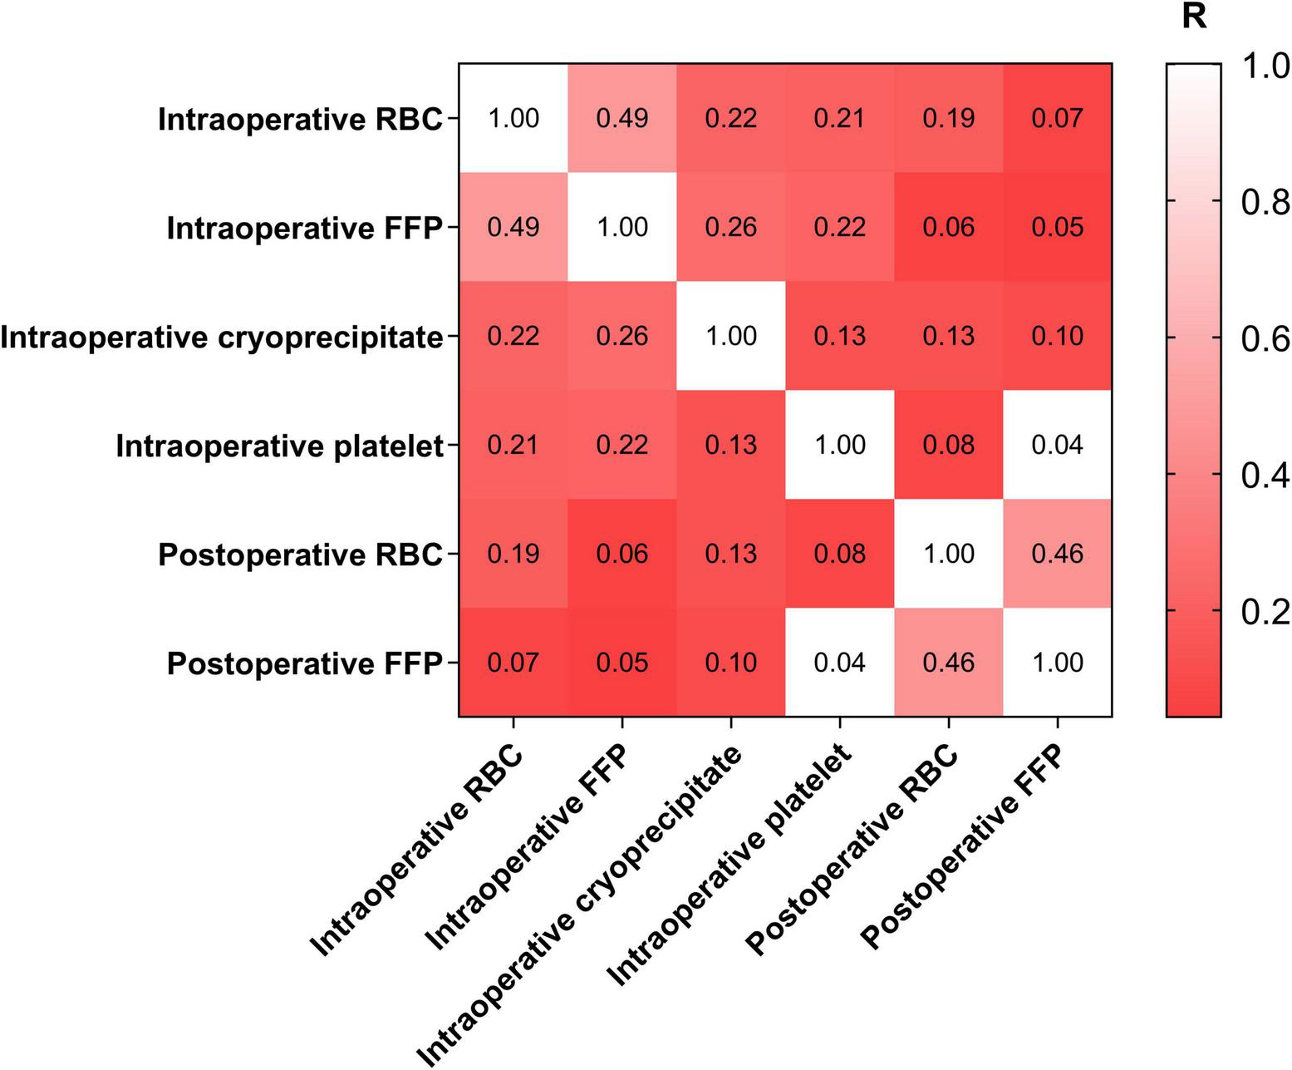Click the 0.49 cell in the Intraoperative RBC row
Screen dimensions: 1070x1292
[x=622, y=118]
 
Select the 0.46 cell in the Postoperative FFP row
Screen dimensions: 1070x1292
[x=949, y=663]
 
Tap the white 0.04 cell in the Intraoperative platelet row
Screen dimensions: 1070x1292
[x=1058, y=445]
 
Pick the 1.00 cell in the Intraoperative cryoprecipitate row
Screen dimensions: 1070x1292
[x=731, y=336]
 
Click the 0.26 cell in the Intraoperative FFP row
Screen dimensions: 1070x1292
[x=731, y=227]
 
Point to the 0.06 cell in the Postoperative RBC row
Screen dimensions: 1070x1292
[x=622, y=554]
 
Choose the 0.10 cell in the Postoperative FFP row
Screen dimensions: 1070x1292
[x=731, y=663]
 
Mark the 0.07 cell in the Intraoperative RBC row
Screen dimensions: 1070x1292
[x=1058, y=118]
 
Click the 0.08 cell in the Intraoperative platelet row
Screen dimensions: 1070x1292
[x=949, y=445]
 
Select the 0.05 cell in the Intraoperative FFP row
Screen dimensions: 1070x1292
[x=1058, y=227]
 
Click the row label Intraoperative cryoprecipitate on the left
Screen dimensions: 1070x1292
[x=221, y=338]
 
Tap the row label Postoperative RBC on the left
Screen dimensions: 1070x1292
[x=300, y=555]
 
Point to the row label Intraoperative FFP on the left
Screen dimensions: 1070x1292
[x=304, y=228]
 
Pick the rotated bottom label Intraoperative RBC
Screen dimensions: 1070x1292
[x=417, y=851]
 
